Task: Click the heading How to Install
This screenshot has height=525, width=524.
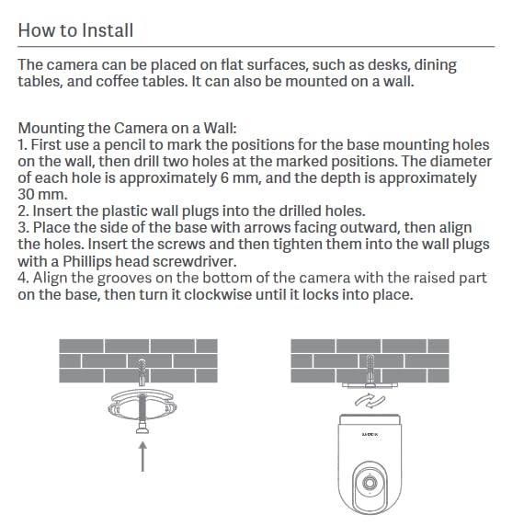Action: (75, 30)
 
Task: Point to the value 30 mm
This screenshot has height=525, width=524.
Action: (42, 195)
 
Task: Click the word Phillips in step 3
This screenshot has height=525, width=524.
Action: (87, 262)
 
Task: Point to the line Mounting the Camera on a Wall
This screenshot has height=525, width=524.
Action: (127, 128)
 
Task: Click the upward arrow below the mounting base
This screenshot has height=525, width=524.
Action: (143, 456)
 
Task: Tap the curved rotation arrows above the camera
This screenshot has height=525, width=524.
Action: (370, 401)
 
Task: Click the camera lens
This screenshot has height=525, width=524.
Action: (370, 483)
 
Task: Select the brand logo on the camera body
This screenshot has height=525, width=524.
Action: (370, 434)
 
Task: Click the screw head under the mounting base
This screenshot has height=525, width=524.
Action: (142, 428)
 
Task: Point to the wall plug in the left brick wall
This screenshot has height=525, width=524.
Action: (142, 372)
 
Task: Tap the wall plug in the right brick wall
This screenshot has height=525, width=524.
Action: (370, 370)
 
